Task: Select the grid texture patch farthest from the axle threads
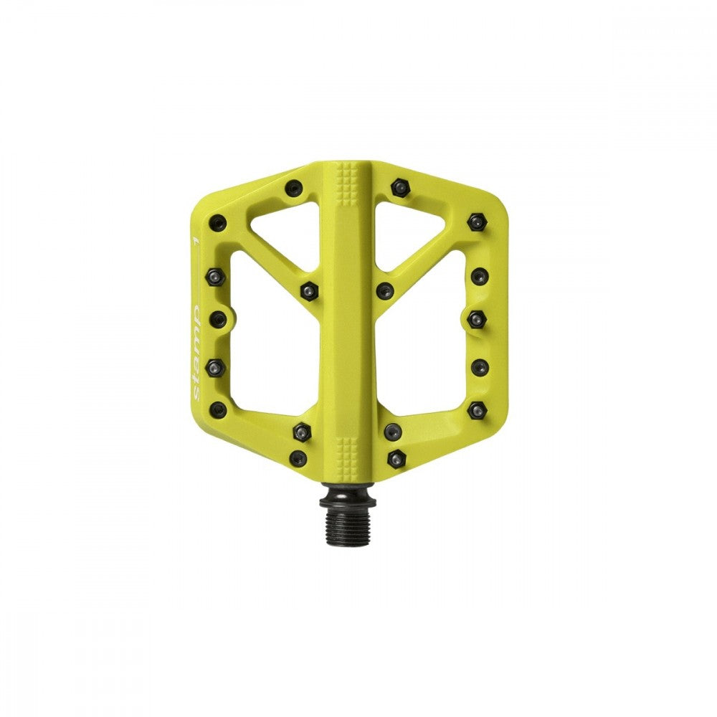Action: (x=348, y=175)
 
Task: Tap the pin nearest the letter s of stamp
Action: (x=217, y=409)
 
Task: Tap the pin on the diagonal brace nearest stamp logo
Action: (x=308, y=290)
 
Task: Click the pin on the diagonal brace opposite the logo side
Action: (x=385, y=290)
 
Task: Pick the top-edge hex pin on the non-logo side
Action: (x=399, y=188)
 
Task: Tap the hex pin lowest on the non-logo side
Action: (x=397, y=458)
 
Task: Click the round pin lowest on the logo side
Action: (x=298, y=457)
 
